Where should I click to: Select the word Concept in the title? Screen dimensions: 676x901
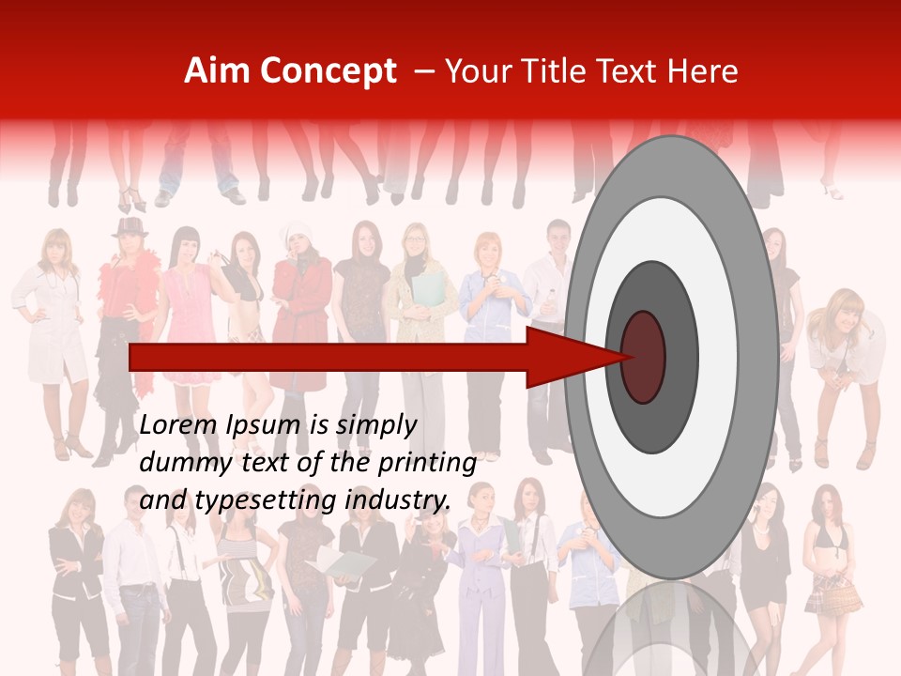click(328, 71)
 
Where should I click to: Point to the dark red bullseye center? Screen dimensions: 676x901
click(644, 357)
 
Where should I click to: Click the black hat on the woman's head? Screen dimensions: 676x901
click(130, 225)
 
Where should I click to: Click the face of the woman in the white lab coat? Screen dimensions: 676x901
click(56, 248)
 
